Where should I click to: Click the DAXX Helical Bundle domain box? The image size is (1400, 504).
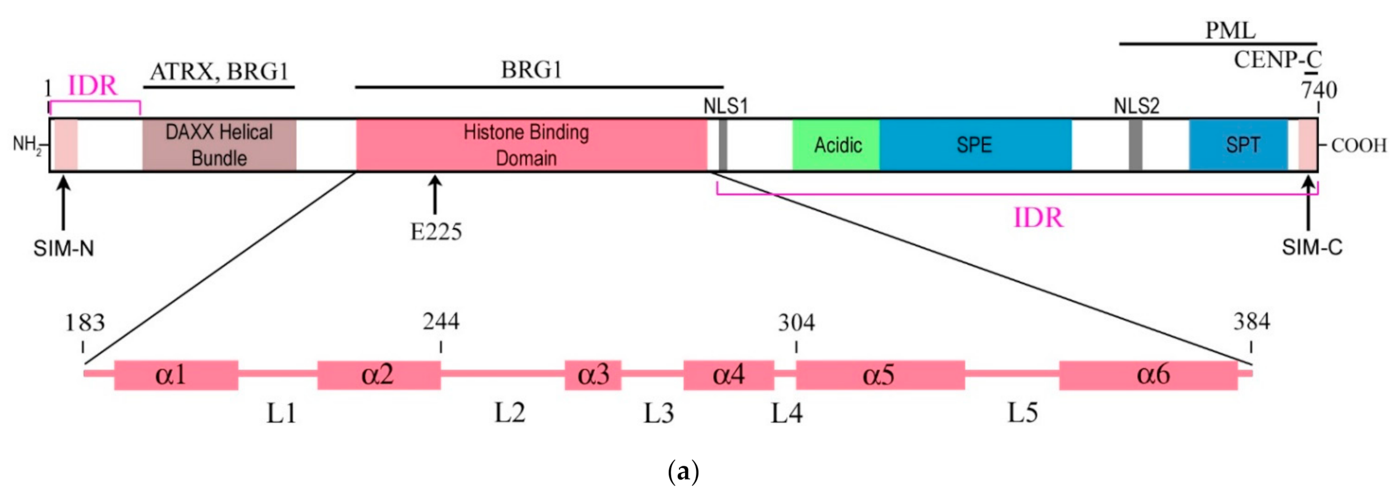pyautogui.click(x=219, y=145)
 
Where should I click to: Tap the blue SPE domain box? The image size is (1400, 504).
pyautogui.click(x=975, y=145)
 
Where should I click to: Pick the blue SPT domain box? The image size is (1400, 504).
pyautogui.click(x=1239, y=145)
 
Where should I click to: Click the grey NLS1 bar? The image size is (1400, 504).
pyautogui.click(x=723, y=145)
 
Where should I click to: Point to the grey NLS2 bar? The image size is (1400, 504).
pyautogui.click(x=1135, y=145)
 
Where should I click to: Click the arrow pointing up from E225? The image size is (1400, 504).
pyautogui.click(x=435, y=195)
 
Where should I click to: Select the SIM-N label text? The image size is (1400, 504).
pyautogui.click(x=64, y=249)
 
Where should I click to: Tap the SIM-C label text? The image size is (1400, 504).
pyautogui.click(x=1312, y=247)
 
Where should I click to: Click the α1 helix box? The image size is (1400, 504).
pyautogui.click(x=176, y=375)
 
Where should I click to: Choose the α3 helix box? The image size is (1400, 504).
pyautogui.click(x=593, y=375)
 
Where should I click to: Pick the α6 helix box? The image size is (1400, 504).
pyautogui.click(x=1148, y=375)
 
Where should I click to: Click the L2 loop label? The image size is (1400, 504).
pyautogui.click(x=510, y=413)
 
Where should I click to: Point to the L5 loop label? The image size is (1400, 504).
pyautogui.click(x=1022, y=413)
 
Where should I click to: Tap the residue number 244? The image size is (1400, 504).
pyautogui.click(x=441, y=322)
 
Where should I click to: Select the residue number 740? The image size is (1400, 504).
pyautogui.click(x=1319, y=90)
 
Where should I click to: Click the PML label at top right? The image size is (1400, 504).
pyautogui.click(x=1230, y=30)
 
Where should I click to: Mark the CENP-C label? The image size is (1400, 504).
pyautogui.click(x=1277, y=60)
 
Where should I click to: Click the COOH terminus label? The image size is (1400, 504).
pyautogui.click(x=1359, y=146)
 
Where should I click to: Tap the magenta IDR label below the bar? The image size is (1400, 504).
pyautogui.click(x=1038, y=218)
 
